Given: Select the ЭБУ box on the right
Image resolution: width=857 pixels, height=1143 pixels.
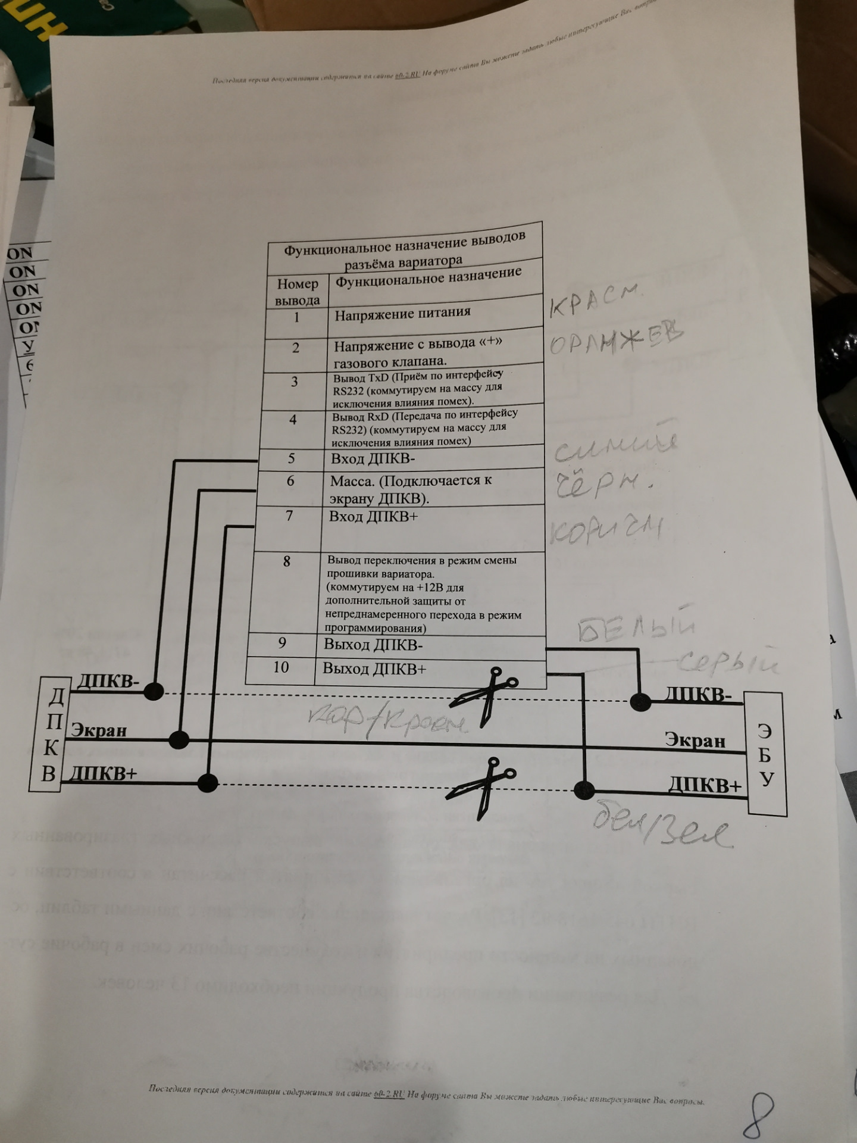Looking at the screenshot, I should [767, 753].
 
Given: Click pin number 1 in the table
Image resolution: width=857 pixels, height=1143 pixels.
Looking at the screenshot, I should [296, 317].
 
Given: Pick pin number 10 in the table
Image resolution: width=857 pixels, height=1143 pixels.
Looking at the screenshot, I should [281, 667].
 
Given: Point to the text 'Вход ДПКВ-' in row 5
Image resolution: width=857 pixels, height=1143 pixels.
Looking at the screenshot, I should [373, 458].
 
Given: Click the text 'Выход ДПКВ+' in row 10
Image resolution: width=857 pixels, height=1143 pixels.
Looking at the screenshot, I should [374, 669].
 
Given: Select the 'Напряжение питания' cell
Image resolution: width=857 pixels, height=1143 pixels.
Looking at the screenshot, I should [402, 313].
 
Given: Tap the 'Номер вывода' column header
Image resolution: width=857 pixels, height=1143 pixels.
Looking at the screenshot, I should [297, 292].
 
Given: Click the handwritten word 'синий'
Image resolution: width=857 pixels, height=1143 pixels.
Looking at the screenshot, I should [616, 447].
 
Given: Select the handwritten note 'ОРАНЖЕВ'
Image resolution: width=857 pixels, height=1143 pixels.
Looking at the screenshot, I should [616, 341].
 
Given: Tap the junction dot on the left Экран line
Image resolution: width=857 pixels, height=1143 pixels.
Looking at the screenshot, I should [179, 739].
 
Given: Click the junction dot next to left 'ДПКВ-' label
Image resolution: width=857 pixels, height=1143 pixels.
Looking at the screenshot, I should [154, 691].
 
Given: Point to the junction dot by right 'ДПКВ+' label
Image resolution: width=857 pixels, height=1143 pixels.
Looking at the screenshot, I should [584, 790].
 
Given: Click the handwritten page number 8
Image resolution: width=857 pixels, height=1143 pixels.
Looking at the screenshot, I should [758, 1113].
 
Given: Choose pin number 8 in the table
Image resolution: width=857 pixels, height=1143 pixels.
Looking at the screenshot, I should [287, 561].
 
